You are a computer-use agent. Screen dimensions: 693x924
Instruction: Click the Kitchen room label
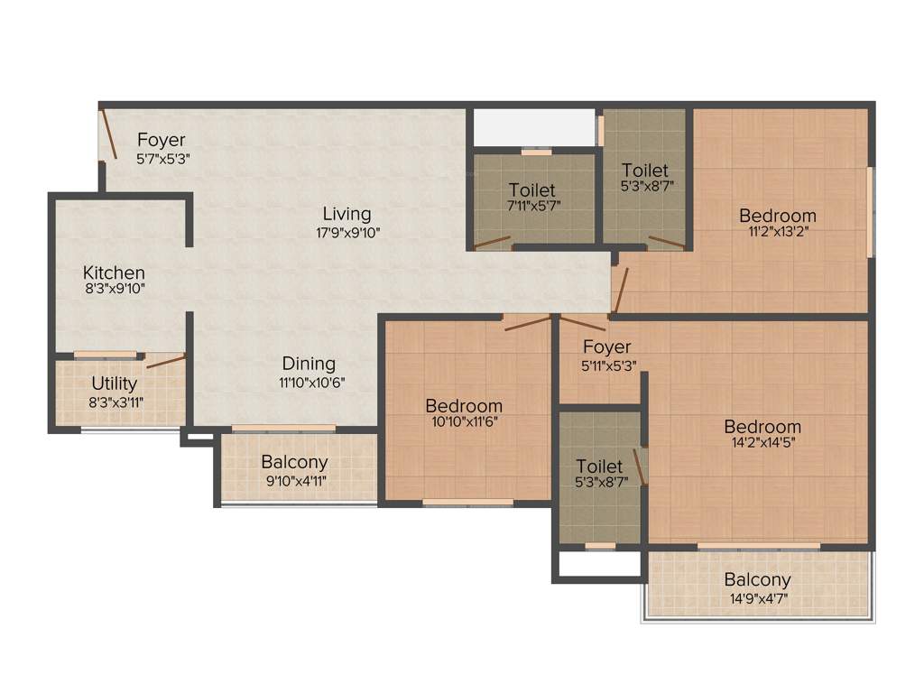114,272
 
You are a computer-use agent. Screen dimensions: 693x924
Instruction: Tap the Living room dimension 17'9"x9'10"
347,232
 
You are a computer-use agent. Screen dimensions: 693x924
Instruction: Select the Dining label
309,364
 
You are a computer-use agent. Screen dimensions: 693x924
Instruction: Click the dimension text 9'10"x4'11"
294,480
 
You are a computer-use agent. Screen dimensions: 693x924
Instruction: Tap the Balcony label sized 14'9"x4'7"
757,579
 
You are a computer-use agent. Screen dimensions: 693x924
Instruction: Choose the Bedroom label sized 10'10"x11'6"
464,405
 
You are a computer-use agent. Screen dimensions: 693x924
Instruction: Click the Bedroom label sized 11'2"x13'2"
777,216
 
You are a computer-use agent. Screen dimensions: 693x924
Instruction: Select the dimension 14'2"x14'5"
762,443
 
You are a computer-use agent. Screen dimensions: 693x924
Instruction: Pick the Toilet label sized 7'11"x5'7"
531,190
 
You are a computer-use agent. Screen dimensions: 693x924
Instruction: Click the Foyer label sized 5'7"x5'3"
162,140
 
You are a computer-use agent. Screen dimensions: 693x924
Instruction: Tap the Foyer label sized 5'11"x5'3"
606,346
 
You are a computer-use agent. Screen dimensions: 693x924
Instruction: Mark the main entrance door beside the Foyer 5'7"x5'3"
107,134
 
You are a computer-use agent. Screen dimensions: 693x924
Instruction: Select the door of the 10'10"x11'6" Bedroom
527,323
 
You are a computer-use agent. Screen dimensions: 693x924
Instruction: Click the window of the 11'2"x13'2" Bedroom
870,211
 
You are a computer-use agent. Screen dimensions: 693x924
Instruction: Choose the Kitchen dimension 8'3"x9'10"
114,289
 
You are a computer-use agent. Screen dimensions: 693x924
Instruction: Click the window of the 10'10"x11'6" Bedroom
468,502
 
